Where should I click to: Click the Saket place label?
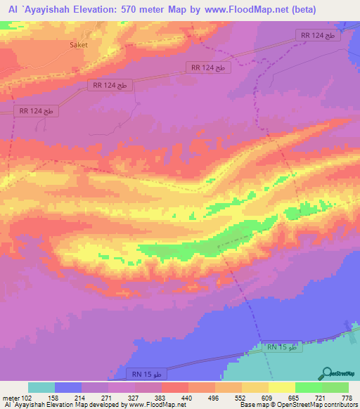(x=78, y=44)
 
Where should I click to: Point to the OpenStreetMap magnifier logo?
(x=326, y=374)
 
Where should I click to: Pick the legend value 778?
(x=347, y=397)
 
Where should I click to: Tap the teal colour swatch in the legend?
(x=41, y=387)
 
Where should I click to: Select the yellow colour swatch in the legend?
(x=282, y=387)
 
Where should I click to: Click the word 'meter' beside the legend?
(x=11, y=397)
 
